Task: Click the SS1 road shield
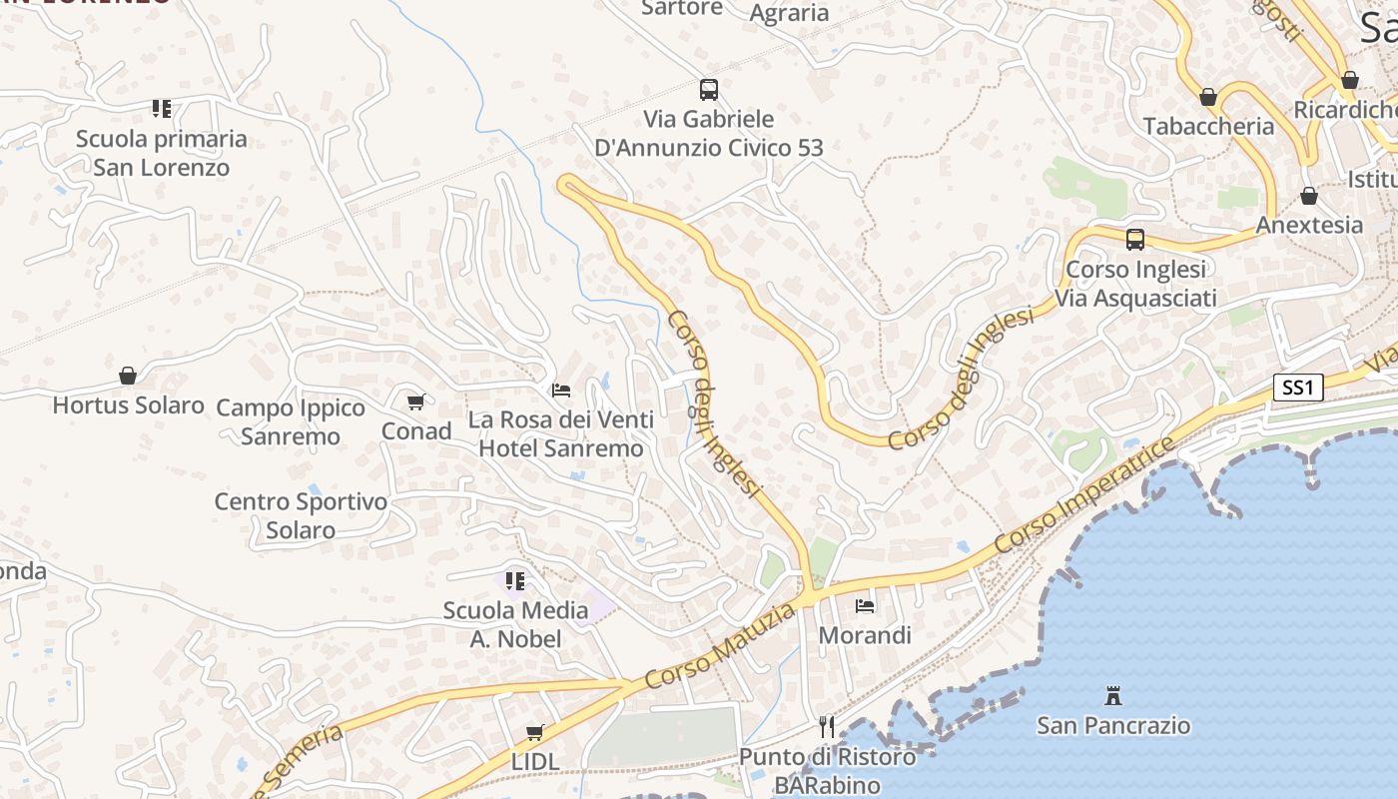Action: [1297, 388]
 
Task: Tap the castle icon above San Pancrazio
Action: [1113, 695]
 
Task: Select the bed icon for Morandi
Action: [865, 605]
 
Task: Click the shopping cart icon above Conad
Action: [415, 401]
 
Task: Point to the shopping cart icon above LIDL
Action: [535, 732]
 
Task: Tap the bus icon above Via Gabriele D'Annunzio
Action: [709, 90]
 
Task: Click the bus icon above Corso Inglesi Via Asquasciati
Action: [1135, 240]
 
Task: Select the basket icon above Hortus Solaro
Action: [128, 376]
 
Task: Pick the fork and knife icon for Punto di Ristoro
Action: [827, 726]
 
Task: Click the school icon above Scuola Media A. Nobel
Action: [515, 580]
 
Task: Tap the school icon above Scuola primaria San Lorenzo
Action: [162, 108]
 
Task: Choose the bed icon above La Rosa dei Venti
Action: [561, 390]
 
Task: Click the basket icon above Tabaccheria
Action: [1208, 97]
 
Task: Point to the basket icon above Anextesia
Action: [1309, 196]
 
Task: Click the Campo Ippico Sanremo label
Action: [291, 421]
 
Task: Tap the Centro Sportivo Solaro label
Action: [301, 515]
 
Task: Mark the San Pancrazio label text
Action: [1113, 725]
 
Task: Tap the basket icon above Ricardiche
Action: [1350, 80]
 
